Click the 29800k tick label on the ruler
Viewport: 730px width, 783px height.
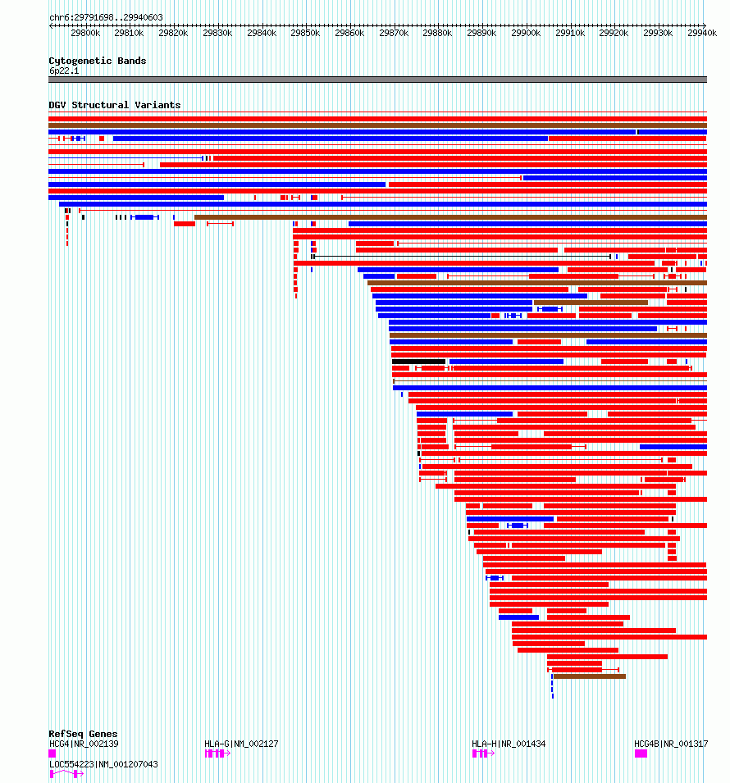(85, 34)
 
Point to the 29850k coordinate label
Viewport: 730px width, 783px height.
(305, 34)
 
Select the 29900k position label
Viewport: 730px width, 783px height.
(526, 34)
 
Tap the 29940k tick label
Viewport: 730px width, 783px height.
(702, 34)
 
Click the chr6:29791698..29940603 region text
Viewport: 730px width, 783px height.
(106, 17)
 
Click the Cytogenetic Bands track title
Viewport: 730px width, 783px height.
(97, 61)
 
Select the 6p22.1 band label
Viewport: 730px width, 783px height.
(64, 71)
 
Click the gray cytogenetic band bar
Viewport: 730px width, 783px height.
(377, 80)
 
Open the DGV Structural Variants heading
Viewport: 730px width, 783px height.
(114, 105)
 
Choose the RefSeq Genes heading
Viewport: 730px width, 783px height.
(82, 734)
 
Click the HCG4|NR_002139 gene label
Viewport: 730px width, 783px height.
(84, 744)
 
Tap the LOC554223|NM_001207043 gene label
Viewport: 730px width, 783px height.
(103, 764)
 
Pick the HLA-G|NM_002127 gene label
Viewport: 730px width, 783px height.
(241, 744)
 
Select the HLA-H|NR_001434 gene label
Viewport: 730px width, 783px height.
(509, 744)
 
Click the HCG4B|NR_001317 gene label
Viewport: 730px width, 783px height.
(671, 744)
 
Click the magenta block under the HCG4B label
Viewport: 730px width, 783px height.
(641, 753)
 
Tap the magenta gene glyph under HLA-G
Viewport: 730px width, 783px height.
(217, 753)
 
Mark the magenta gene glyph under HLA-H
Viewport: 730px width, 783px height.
(482, 753)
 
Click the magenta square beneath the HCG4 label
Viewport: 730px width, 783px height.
(52, 753)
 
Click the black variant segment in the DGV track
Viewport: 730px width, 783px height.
(418, 362)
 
